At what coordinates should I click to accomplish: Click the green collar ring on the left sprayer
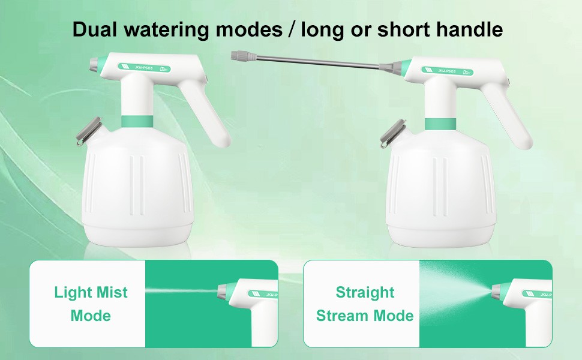click(x=137, y=121)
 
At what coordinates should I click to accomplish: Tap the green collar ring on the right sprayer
click(x=440, y=124)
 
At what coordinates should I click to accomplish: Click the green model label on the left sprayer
click(x=145, y=68)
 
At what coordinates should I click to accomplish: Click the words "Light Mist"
click(x=91, y=292)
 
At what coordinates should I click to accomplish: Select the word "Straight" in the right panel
click(x=365, y=293)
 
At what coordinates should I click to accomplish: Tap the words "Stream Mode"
click(x=365, y=316)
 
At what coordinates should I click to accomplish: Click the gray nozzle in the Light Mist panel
click(x=224, y=291)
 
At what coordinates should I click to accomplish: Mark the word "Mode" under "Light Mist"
click(x=91, y=316)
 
